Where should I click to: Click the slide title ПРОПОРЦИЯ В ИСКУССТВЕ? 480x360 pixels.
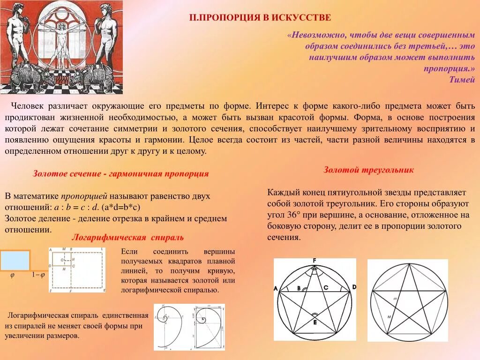pos(260,18)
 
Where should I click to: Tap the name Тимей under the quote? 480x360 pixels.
pos(462,79)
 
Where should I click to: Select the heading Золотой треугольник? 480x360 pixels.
pos(368,170)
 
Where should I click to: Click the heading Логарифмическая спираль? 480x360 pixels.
pos(127,237)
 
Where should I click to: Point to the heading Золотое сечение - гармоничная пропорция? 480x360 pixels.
pos(120,174)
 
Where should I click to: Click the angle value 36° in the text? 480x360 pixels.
pos(293,215)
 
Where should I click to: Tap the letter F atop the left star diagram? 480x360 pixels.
pos(315,261)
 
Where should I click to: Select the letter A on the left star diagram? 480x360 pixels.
pos(276,288)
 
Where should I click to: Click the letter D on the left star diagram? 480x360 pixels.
pos(354,287)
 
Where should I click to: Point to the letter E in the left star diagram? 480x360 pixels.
pos(315,323)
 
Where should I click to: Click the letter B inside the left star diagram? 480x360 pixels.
pos(299,288)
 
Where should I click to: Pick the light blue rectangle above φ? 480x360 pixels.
pos(15,261)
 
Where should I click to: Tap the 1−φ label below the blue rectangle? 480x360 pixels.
pos(38,275)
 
